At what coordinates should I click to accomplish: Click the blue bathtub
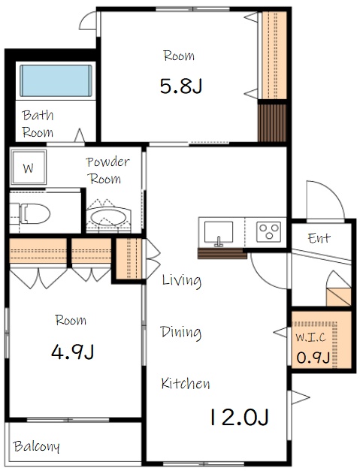[x=56, y=80]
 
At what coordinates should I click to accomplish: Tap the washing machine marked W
[x=29, y=167]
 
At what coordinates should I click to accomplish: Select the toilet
[x=30, y=214]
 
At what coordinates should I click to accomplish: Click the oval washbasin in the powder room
[x=108, y=218]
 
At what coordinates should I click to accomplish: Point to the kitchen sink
[x=219, y=233]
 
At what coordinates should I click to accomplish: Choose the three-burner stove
[x=268, y=231]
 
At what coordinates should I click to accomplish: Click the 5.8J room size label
[x=181, y=86]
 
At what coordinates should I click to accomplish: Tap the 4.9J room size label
[x=72, y=352]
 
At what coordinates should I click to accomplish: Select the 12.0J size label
[x=239, y=417]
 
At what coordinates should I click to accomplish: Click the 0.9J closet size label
[x=313, y=358]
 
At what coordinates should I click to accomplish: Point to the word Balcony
[x=36, y=446]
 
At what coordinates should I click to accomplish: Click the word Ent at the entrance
[x=319, y=238]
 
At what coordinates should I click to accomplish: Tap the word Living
[x=181, y=280]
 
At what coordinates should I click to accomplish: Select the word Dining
[x=181, y=332]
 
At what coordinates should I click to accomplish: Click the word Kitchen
[x=186, y=383]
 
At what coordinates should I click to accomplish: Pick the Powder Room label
[x=107, y=170]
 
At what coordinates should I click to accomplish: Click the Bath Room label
[x=38, y=123]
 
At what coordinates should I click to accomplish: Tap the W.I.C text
[x=310, y=337]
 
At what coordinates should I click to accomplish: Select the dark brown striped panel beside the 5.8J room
[x=272, y=123]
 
